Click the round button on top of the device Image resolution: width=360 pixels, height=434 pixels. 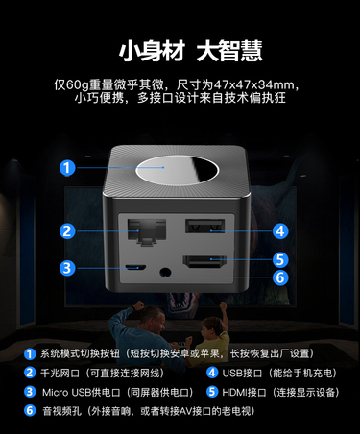click(177, 170)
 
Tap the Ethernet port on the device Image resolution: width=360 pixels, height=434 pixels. click(147, 232)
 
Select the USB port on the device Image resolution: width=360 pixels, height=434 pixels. click(204, 226)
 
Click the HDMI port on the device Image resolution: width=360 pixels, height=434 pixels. click(204, 261)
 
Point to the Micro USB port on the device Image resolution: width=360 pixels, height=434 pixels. click(135, 267)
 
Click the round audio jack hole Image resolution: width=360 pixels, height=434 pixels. click(165, 273)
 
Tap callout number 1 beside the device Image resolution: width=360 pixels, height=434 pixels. click(67, 168)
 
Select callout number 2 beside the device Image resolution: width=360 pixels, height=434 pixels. click(67, 231)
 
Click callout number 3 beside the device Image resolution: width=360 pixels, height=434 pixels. click(67, 268)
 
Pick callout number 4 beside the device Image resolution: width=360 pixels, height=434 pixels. click(280, 231)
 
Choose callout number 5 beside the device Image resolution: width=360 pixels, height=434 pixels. click(280, 260)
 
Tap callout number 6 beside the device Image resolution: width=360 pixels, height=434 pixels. click(280, 277)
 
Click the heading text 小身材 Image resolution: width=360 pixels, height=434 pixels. click(152, 51)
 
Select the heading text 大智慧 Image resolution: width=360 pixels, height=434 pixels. click(229, 51)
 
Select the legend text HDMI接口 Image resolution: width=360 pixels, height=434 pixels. click(244, 393)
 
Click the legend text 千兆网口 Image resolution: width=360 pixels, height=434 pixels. click(60, 374)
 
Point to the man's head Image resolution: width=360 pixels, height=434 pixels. click(154, 319)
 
